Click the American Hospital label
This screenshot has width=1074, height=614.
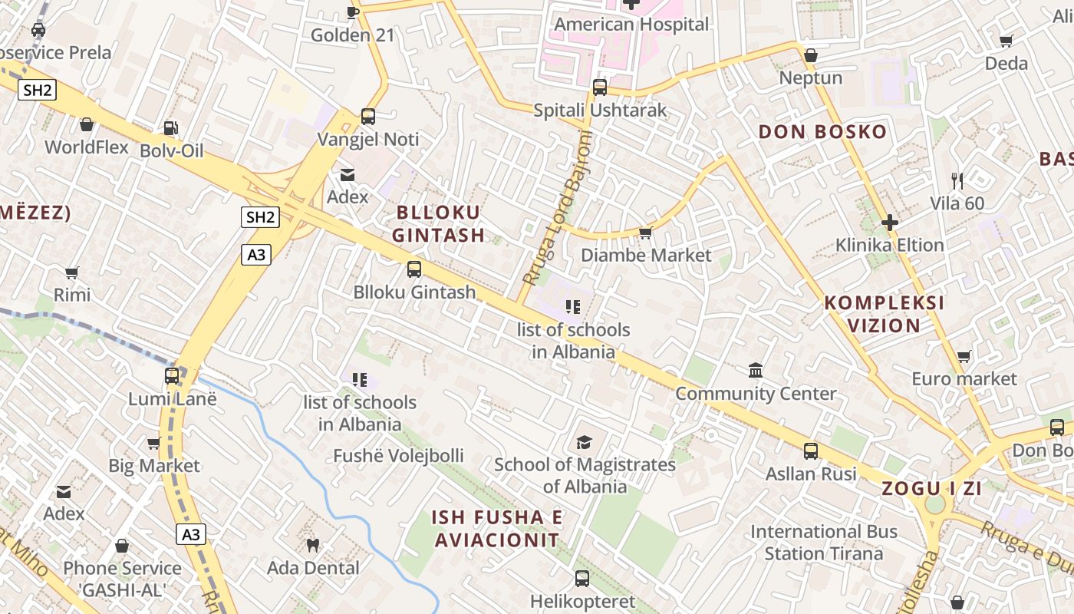click(x=631, y=25)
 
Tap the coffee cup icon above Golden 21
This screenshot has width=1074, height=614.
click(x=353, y=12)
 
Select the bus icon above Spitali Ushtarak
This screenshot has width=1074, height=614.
click(x=600, y=87)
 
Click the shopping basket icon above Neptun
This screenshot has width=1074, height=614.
click(x=811, y=55)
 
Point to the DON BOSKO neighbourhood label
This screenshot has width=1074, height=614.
click(x=822, y=132)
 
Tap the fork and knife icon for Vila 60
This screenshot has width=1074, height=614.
click(x=957, y=181)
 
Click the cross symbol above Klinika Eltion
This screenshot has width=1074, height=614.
click(x=890, y=223)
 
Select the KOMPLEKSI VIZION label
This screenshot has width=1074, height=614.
click(x=884, y=314)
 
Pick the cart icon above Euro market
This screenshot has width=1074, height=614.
click(x=964, y=356)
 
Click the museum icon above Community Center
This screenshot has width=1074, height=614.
click(x=756, y=371)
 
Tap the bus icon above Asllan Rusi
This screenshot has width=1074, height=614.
click(x=811, y=451)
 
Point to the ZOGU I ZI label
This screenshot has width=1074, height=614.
click(x=931, y=489)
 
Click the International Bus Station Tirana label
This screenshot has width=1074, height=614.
click(x=823, y=542)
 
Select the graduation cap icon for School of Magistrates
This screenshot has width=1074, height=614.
click(x=585, y=442)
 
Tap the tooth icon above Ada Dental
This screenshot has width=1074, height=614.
click(x=312, y=546)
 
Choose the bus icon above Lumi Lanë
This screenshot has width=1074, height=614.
click(x=172, y=376)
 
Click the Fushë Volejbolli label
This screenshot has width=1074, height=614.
click(x=398, y=456)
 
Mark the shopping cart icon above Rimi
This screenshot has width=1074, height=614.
click(x=72, y=272)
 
